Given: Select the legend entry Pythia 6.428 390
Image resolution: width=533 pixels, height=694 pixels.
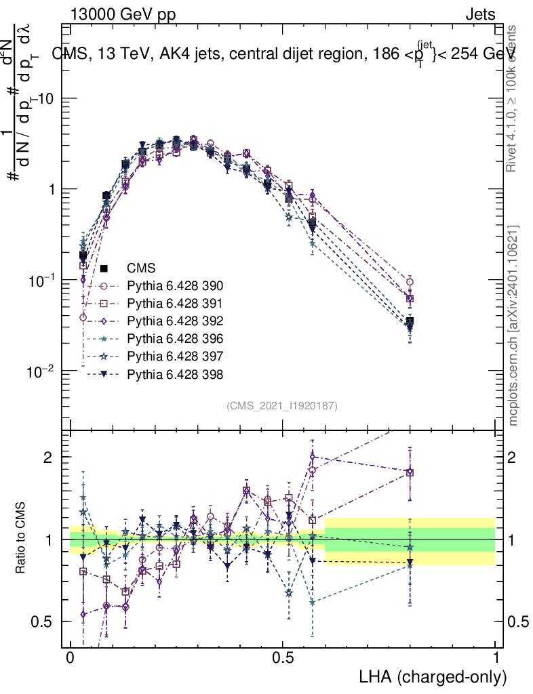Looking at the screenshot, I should pos(176,285).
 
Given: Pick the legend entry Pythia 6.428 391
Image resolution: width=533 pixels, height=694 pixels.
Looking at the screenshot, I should pos(176,303).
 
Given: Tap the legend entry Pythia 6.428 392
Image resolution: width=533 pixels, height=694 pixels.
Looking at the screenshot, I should pos(176,321).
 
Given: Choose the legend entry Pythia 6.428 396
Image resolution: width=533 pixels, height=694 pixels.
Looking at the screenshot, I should pos(176,338).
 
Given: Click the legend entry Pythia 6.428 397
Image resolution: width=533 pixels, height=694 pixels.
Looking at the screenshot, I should pos(176,356).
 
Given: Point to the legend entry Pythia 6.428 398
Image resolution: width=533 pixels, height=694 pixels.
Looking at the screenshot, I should pos(176,373).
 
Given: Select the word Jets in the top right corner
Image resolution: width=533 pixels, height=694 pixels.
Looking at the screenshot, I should pos(480,14).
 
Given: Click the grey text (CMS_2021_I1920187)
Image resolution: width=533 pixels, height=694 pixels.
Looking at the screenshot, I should pos(282,405).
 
